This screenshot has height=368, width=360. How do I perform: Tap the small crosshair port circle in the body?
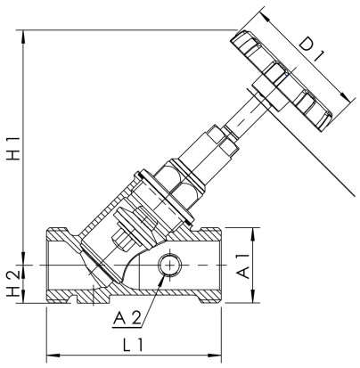(168, 266)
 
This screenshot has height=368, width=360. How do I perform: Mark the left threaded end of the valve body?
(61, 266)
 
